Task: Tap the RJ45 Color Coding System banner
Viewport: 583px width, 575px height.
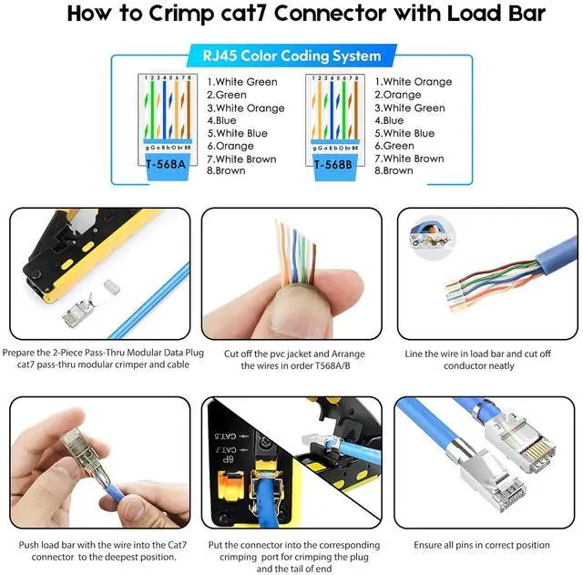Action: [x=285, y=56]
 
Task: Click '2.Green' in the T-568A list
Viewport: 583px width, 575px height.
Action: [x=227, y=95]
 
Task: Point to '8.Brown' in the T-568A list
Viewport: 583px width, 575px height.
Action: [x=226, y=171]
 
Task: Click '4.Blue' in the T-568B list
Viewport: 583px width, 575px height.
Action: [x=393, y=120]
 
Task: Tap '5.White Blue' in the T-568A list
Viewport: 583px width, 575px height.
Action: [x=237, y=133]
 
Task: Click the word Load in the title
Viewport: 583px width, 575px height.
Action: [x=455, y=15]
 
